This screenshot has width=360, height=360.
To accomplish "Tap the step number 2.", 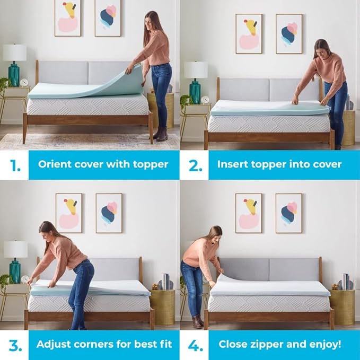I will (195, 164).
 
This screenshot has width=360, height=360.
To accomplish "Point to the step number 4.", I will (195, 345).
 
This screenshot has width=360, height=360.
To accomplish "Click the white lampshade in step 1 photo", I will (15, 52).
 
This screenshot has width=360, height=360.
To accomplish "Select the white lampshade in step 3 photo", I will (15, 249).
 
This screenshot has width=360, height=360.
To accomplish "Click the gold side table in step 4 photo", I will (342, 306).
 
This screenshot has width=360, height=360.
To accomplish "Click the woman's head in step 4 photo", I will (214, 234).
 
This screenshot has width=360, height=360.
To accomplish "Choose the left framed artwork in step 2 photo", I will (249, 33).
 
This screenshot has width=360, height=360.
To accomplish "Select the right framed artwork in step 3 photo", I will (109, 213).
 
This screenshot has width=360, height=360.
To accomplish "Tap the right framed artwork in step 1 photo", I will (108, 17).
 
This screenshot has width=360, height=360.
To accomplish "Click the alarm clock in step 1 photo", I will (24, 82).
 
